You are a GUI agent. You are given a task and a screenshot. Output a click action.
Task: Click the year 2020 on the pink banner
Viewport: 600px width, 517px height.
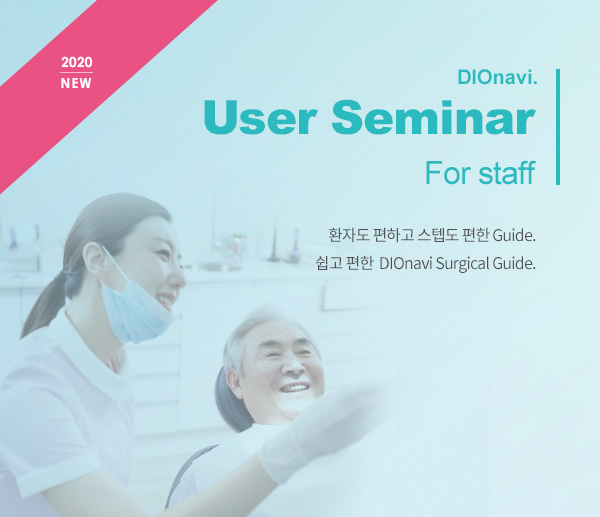point(77,62)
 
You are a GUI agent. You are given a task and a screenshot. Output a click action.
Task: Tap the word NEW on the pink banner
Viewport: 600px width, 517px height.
point(76,83)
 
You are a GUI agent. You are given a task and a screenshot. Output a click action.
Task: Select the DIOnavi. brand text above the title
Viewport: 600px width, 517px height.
point(497,78)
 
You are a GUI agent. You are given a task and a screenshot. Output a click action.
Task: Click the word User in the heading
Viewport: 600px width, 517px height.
point(261,117)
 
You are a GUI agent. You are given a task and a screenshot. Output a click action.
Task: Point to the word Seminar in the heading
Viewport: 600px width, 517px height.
point(433,116)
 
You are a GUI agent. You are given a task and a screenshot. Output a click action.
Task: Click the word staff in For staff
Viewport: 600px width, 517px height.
point(507,173)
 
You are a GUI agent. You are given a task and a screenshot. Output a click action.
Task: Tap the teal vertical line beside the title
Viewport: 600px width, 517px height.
point(558,127)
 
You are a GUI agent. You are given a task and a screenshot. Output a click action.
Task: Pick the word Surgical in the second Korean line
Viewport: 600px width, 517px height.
point(462,263)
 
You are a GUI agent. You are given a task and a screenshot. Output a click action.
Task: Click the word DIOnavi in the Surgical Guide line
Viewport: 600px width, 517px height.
point(406,263)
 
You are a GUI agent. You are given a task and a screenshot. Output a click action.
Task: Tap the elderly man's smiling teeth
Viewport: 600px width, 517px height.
point(295,388)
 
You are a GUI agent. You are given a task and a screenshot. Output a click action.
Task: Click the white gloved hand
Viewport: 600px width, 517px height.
point(318,432)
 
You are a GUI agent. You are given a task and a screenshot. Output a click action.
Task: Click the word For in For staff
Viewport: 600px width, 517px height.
point(448,173)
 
